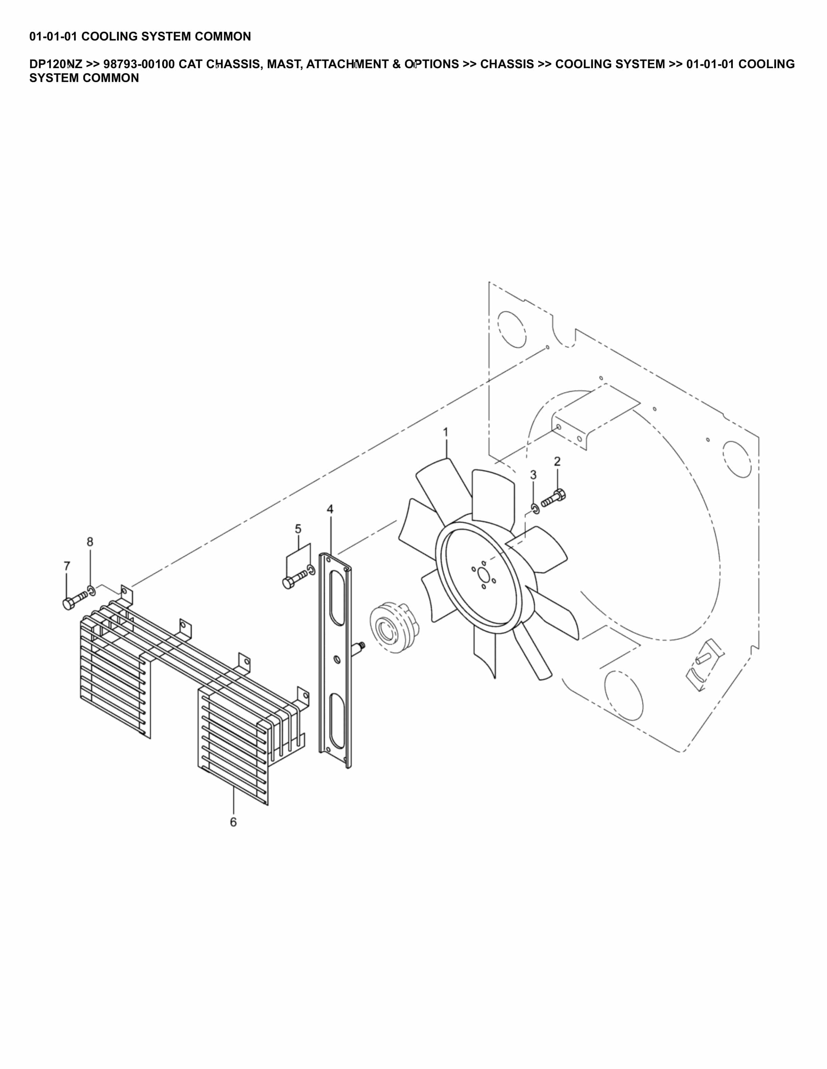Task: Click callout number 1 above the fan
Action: [445, 432]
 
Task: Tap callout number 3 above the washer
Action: [533, 475]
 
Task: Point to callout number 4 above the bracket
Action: [330, 509]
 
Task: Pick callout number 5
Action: [298, 529]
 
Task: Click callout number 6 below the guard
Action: [233, 822]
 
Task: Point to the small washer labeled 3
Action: [535, 509]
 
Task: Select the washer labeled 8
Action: [92, 590]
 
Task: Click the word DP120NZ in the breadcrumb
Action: [56, 64]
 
